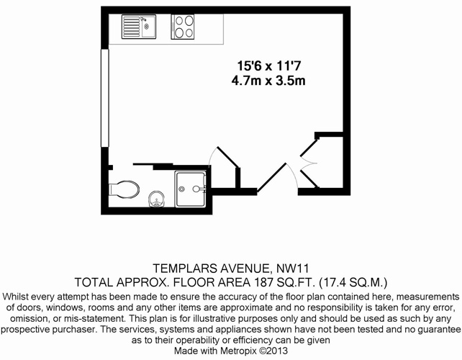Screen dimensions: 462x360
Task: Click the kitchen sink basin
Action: pyautogui.click(x=148, y=27)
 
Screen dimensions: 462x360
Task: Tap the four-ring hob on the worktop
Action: pyautogui.click(x=183, y=27)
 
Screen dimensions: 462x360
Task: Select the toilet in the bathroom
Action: pyautogui.click(x=124, y=189)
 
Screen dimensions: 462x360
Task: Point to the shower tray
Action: pyautogui.click(x=191, y=189)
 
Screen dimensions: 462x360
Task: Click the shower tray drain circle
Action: pyautogui.click(x=181, y=189)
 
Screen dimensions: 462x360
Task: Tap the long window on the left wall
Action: pyautogui.click(x=105, y=98)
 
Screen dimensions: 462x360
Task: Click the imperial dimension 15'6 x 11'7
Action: pyautogui.click(x=269, y=66)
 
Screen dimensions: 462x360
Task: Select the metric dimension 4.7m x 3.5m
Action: pyautogui.click(x=268, y=80)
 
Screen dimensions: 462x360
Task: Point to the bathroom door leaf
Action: pyautogui.click(x=227, y=158)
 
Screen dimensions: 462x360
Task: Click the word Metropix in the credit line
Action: pyautogui.click(x=238, y=351)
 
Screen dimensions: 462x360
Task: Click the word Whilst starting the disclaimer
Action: pyautogui.click(x=15, y=297)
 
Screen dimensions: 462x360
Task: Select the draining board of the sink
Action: pyautogui.click(x=132, y=27)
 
